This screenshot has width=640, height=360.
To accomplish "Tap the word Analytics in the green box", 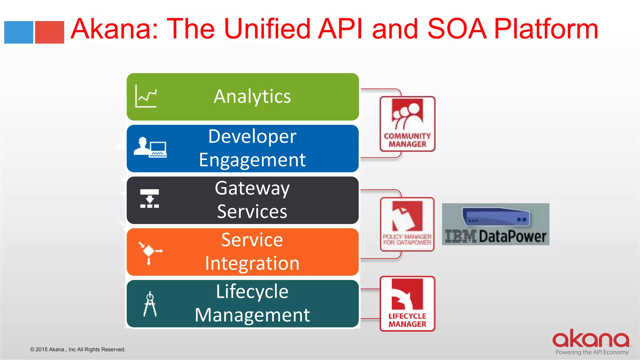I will point(252,96).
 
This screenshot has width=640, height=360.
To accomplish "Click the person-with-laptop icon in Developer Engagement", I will point(150,147).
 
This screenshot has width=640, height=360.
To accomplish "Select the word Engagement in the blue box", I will point(252,160).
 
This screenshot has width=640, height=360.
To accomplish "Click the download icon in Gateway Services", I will point(149,198).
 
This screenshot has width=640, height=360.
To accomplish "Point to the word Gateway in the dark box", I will point(252,188).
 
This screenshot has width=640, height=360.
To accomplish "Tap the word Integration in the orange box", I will point(252,263).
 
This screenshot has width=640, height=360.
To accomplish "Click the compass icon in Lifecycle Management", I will point(150,304).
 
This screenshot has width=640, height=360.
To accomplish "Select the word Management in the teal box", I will point(252,315).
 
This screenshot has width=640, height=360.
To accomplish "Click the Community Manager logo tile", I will point(407,124).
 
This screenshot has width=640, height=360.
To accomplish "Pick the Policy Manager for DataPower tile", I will point(407,224).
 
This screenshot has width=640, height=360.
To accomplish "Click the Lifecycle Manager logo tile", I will point(407,303).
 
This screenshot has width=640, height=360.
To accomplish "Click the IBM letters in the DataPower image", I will point(460,236).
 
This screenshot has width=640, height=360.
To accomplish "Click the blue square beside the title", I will point(18,32).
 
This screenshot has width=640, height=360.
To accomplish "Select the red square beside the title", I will point(49,32).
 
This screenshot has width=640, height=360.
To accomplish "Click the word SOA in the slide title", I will point(457,29).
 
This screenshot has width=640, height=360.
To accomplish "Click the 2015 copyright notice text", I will point(78,349).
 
